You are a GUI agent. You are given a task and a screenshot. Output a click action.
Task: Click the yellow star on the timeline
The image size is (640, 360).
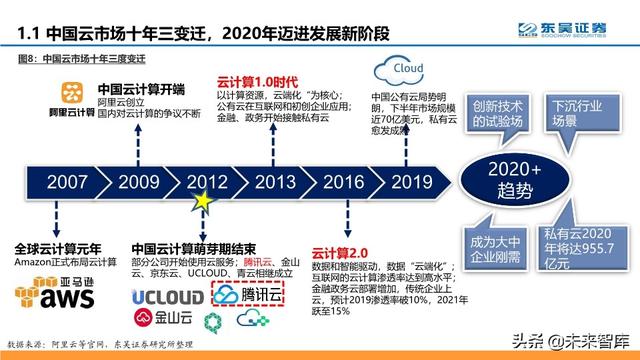204,200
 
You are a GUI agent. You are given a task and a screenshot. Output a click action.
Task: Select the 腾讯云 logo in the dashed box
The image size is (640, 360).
249,296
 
